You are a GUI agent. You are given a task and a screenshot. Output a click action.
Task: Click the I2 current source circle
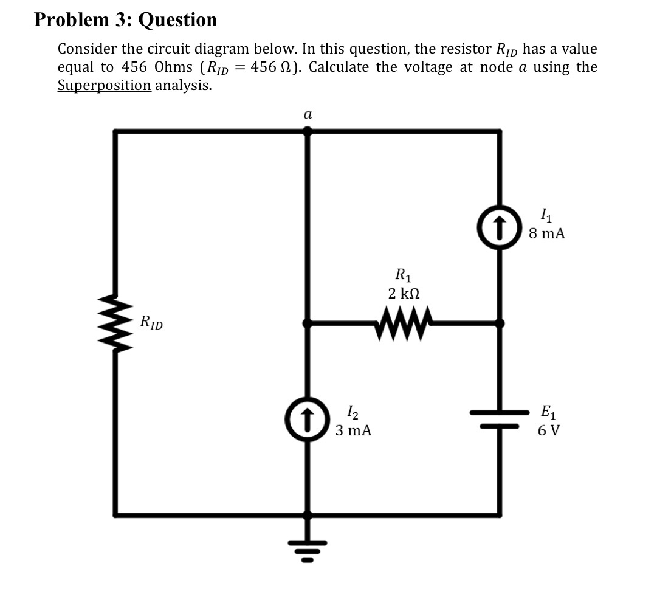[308, 419]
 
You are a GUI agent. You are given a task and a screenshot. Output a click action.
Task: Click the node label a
[308, 114]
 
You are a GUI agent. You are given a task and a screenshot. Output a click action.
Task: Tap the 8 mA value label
[546, 233]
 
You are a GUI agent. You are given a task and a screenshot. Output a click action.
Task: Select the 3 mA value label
[353, 431]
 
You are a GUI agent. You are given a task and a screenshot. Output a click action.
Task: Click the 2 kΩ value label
[404, 293]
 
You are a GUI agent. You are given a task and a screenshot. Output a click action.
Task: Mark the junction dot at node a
[308, 130]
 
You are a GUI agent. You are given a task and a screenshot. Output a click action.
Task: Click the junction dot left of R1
[308, 323]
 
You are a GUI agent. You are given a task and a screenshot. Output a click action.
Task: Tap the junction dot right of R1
[500, 323]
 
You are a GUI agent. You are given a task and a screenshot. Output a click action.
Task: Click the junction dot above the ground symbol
[308, 515]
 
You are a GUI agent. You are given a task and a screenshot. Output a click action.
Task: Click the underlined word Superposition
[104, 85]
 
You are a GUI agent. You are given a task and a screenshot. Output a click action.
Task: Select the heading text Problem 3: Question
[125, 20]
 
